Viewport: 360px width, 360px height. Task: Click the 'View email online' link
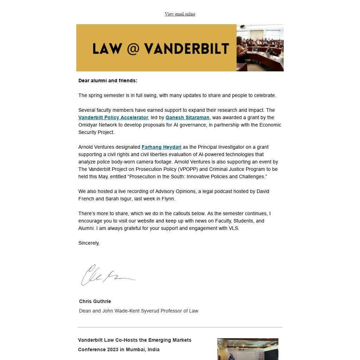[180, 14]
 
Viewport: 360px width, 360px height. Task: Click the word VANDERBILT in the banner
[186, 49]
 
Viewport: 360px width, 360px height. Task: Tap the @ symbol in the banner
[133, 49]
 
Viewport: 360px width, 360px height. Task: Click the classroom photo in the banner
[260, 48]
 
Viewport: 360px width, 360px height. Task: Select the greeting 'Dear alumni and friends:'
[108, 81]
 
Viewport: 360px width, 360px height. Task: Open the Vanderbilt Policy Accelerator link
[113, 117]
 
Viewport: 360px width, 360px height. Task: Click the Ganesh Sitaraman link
[187, 117]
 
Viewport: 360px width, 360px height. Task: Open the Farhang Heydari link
[161, 147]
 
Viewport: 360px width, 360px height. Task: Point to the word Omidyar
[88, 125]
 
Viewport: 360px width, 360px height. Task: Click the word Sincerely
[89, 243]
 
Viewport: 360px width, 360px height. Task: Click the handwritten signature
[107, 275]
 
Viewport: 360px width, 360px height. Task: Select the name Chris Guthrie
[95, 301]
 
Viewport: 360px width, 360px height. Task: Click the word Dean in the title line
[85, 311]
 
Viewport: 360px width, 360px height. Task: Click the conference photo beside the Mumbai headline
[247, 349]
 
